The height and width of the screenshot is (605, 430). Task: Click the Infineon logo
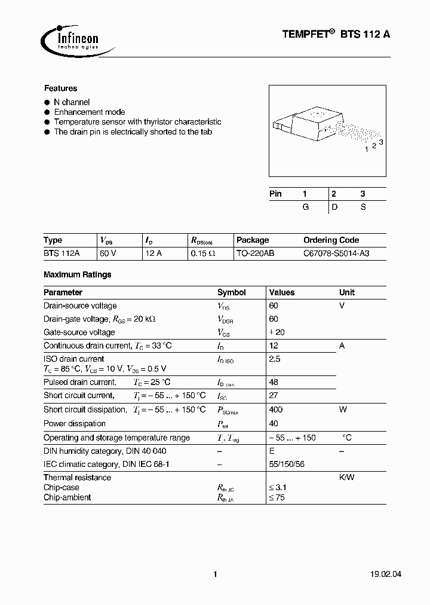tap(70, 39)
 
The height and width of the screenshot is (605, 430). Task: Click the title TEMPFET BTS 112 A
tap(336, 35)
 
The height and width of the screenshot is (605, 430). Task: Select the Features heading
tap(60, 88)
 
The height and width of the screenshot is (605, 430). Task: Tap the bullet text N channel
tap(72, 103)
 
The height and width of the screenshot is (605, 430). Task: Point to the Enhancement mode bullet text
tap(90, 112)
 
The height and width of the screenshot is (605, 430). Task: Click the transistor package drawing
tap(325, 127)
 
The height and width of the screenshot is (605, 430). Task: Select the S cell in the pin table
tap(363, 207)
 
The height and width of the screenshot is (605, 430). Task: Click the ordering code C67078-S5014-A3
tap(336, 253)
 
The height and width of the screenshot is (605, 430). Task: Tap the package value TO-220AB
tap(255, 253)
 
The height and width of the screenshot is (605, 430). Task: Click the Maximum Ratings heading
tap(78, 275)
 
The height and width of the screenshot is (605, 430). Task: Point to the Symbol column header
tap(231, 293)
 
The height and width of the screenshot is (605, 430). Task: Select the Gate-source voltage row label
tap(80, 332)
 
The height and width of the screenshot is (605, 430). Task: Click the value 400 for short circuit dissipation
tap(276, 410)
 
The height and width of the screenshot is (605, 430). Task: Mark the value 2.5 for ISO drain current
tap(275, 359)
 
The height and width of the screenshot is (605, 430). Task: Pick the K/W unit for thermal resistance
tap(347, 478)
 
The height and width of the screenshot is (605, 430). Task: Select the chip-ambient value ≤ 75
tap(277, 498)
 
